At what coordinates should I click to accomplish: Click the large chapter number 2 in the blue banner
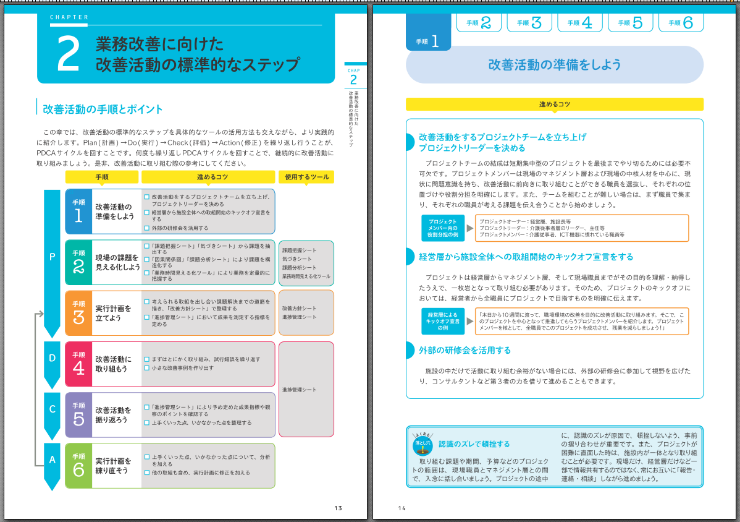click(67, 55)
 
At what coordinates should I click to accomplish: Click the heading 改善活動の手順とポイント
click(103, 109)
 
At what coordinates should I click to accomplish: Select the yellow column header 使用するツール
click(306, 177)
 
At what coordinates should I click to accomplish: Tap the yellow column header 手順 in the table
click(102, 177)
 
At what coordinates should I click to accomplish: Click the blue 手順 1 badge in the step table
click(78, 212)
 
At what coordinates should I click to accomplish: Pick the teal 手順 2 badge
click(78, 262)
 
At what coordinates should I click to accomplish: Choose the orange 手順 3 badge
click(78, 313)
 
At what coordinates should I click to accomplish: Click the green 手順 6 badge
click(78, 465)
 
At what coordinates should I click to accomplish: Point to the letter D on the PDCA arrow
click(53, 358)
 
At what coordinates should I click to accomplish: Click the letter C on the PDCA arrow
click(53, 409)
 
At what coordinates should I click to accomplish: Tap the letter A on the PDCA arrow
click(53, 459)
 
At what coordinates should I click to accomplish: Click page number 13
click(338, 508)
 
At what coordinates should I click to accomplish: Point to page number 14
click(402, 508)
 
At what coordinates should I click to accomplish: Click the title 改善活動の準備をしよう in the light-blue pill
click(554, 65)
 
